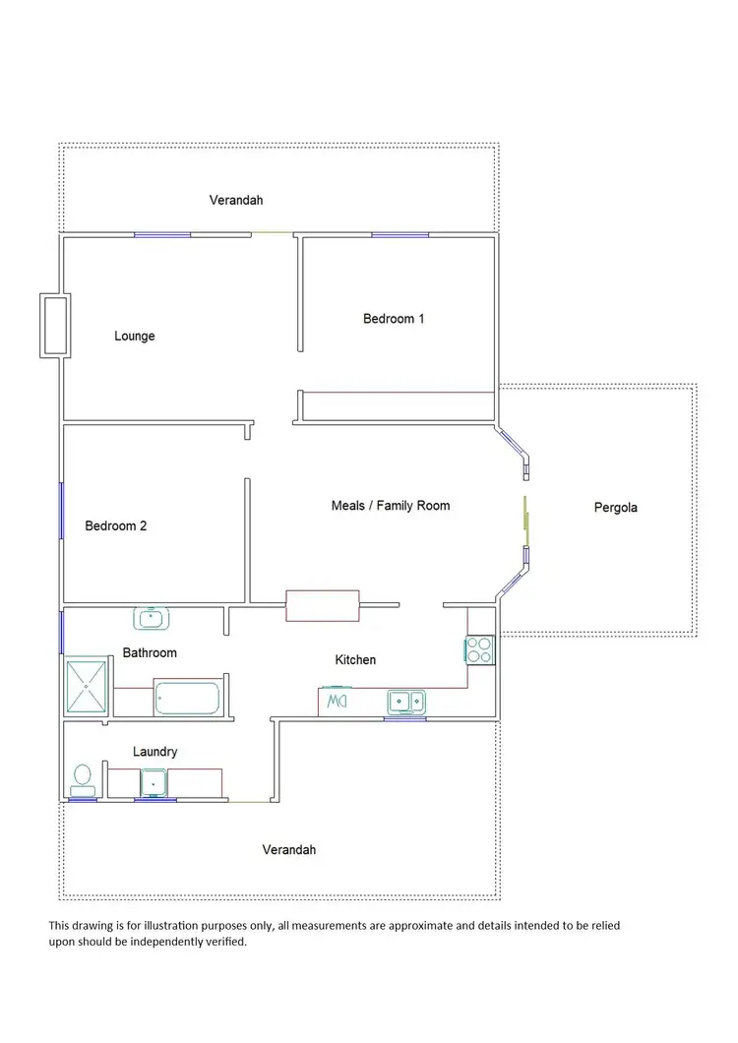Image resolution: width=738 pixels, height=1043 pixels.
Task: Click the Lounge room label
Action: coord(135,337)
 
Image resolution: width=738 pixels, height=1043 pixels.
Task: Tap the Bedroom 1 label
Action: coord(394,319)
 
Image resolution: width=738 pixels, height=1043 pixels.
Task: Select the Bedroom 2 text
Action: coord(116,526)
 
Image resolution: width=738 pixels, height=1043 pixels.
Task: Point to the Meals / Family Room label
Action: coord(391,506)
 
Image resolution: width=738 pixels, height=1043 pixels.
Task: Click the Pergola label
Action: coord(616,509)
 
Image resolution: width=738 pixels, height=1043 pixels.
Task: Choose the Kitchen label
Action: coord(355,660)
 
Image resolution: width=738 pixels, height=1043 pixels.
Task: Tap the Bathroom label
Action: coord(150,653)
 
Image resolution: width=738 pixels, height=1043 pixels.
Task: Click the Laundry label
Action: coord(155,753)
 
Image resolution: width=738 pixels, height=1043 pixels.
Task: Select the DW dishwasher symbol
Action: coord(337,702)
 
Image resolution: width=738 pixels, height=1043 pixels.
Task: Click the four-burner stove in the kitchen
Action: coord(479,649)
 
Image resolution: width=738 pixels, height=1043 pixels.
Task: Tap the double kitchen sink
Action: coord(405,702)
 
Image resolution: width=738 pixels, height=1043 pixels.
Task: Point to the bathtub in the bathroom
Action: coord(187,698)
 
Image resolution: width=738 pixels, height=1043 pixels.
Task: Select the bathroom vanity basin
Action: coord(150,618)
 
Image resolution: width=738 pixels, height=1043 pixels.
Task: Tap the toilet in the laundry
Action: coord(83,778)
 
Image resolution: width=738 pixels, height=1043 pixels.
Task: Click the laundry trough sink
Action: coord(154,782)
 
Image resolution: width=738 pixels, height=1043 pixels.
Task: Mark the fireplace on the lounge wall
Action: coord(53,325)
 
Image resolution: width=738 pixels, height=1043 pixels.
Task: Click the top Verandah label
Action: coord(236,201)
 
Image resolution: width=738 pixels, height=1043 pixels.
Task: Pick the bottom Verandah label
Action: coord(289,850)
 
